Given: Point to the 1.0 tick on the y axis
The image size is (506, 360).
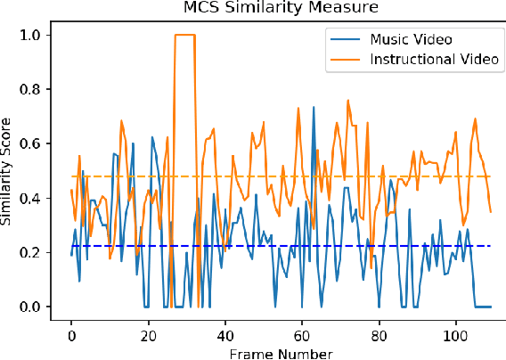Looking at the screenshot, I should (x=40, y=35).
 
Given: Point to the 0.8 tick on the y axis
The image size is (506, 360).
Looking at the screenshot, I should (x=40, y=89).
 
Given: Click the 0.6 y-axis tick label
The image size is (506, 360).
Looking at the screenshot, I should (x=40, y=143).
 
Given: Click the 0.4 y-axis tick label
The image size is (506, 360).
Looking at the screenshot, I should (x=40, y=198).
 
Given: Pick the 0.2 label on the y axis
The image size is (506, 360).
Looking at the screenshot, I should (x=40, y=252).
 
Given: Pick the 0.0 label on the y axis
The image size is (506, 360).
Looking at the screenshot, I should (x=40, y=307).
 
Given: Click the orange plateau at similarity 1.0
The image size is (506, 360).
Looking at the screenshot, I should (x=184, y=35).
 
